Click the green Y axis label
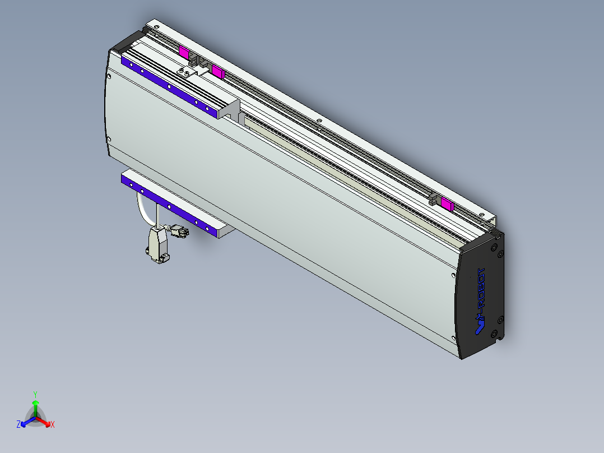35,394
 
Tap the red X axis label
53,425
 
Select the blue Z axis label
18,424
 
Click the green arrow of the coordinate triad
35,406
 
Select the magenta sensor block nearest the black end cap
447,203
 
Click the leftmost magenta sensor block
183,52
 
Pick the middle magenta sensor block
217,71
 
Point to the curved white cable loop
143,210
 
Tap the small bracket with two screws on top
185,71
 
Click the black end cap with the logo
482,294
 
